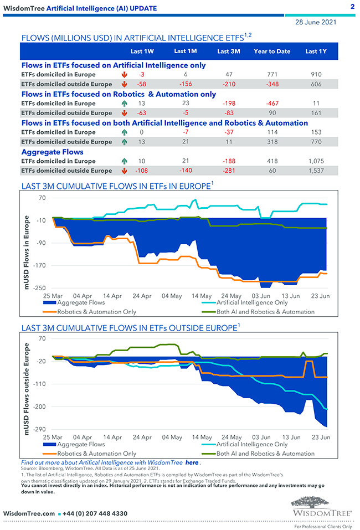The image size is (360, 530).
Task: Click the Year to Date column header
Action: (271, 52)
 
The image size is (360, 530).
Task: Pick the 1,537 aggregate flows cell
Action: (315, 171)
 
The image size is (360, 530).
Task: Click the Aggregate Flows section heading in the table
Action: (52, 152)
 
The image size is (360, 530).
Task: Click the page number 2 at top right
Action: (352, 7)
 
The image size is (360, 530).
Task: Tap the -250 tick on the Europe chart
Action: (39, 288)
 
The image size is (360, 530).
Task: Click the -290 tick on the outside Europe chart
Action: (39, 430)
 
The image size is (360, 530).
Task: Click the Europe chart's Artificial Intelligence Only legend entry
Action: (252, 303)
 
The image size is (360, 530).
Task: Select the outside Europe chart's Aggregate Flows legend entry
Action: (81, 445)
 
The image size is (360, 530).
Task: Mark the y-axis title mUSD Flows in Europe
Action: (27, 253)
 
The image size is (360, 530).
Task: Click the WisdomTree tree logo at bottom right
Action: (322, 507)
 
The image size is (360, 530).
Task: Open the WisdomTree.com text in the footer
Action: (29, 513)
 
